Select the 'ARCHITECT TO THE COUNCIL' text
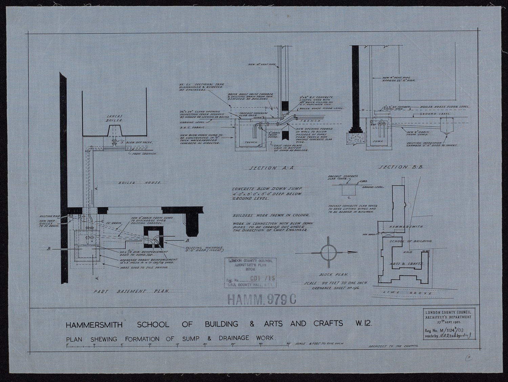pyautogui.click(x=393, y=346)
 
